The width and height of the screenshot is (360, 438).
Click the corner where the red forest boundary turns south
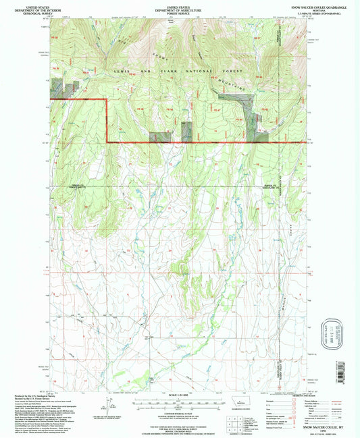[x=107, y=100]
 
